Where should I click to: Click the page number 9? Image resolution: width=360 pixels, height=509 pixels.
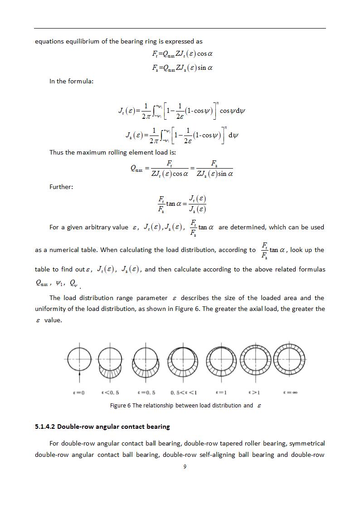(x=185, y=467)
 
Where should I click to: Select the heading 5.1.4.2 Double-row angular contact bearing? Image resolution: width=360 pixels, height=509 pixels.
(x=102, y=427)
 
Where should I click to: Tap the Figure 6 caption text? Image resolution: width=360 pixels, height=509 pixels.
(x=185, y=405)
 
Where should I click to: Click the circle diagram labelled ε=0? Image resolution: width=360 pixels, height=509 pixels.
(x=80, y=361)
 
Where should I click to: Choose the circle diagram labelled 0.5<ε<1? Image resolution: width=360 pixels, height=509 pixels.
(x=183, y=362)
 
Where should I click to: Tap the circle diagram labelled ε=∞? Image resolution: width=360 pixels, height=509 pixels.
(x=291, y=361)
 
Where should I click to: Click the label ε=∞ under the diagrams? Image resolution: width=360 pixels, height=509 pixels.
(x=290, y=393)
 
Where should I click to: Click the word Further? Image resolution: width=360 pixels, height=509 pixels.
(x=61, y=187)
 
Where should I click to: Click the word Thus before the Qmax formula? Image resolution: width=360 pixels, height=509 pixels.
(x=57, y=152)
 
